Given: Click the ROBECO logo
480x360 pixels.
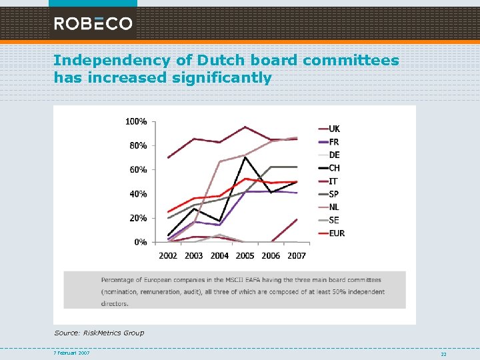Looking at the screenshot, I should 93,24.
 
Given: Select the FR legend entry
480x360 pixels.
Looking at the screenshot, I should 333,142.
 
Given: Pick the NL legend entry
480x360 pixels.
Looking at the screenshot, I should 333,207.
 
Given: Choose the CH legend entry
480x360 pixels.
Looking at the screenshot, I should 333,168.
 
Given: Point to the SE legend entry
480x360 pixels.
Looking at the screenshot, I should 333,220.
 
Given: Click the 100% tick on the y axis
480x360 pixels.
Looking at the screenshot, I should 137,121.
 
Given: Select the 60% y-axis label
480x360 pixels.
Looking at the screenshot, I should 139,169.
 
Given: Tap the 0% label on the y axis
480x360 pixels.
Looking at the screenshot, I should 141,242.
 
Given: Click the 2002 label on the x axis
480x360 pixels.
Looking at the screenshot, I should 168,255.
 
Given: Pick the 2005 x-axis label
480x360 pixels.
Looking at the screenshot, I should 245,255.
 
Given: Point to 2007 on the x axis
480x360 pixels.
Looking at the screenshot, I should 297,255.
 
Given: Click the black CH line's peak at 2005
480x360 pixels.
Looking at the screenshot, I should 245,157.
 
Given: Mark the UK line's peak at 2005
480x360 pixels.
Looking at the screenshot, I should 245,127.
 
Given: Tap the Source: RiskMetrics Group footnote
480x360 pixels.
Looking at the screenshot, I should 99,333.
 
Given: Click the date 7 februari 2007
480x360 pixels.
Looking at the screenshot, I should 72,353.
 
